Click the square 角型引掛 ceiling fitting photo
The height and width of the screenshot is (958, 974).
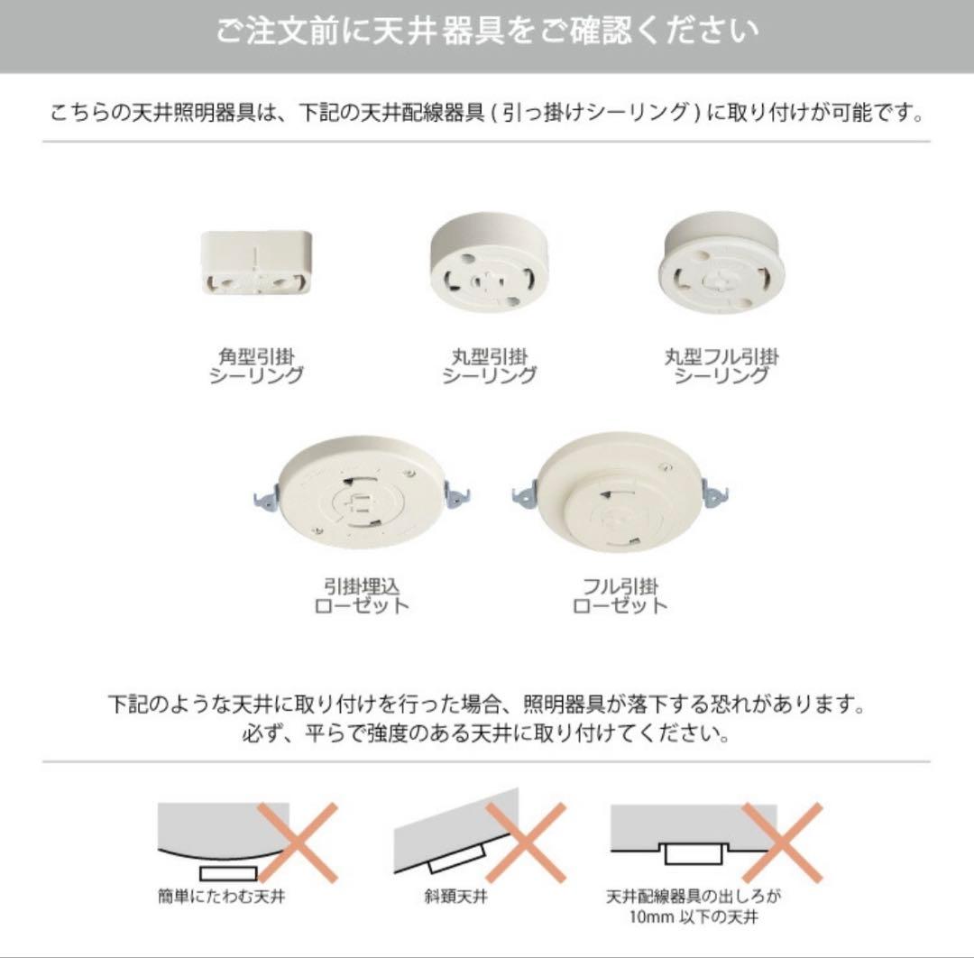pyautogui.click(x=256, y=262)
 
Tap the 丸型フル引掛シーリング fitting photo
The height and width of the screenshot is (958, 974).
pyautogui.click(x=722, y=262)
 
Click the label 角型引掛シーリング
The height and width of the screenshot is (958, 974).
pyautogui.click(x=256, y=366)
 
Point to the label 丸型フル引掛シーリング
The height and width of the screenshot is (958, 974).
pyautogui.click(x=721, y=366)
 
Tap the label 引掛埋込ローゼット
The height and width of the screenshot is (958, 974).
pyautogui.click(x=362, y=595)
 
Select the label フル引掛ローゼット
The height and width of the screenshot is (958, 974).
pyautogui.click(x=620, y=595)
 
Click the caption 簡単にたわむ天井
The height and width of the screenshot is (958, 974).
pyautogui.click(x=221, y=898)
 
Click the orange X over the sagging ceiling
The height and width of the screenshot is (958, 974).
pyautogui.click(x=298, y=843)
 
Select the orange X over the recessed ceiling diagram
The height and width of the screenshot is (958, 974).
pyautogui.click(x=783, y=843)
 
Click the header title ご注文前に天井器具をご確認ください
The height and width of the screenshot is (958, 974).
pyautogui.click(x=487, y=32)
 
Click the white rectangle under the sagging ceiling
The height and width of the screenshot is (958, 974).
pyautogui.click(x=229, y=872)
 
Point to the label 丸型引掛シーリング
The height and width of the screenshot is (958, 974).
pyautogui.click(x=489, y=366)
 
